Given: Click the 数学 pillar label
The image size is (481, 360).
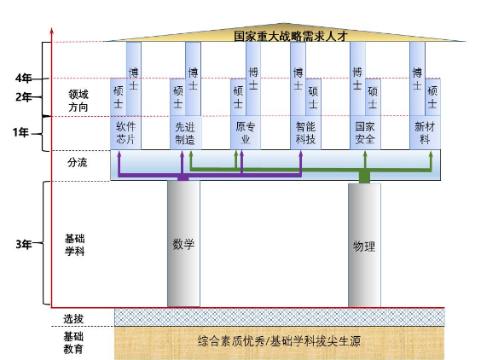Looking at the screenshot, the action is pyautogui.click(x=183, y=244).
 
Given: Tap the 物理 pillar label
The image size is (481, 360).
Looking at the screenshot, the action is pyautogui.click(x=364, y=247).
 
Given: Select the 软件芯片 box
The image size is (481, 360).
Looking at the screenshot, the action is pyautogui.click(x=125, y=133).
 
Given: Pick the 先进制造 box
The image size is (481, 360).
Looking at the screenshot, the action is pyautogui.click(x=185, y=133).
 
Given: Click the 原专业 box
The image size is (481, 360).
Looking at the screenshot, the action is pyautogui.click(x=246, y=133).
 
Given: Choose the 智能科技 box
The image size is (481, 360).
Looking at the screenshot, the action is pyautogui.click(x=305, y=133).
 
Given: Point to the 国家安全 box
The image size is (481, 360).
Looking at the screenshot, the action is pyautogui.click(x=365, y=133).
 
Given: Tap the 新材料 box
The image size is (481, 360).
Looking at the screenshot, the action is pyautogui.click(x=425, y=133).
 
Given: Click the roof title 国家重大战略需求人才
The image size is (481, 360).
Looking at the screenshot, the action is pyautogui.click(x=291, y=36).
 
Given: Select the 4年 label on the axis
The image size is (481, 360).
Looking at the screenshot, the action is pyautogui.click(x=23, y=78).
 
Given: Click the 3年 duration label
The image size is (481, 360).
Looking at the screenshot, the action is pyautogui.click(x=24, y=244).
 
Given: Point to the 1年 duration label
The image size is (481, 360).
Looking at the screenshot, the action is pyautogui.click(x=20, y=132).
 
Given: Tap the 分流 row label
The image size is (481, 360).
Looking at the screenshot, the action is pyautogui.click(x=78, y=162).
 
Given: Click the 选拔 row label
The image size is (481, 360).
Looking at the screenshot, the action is pyautogui.click(x=73, y=319).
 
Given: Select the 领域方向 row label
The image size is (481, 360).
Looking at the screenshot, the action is pyautogui.click(x=78, y=101).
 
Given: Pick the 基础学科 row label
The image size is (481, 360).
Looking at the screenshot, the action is pyautogui.click(x=74, y=245).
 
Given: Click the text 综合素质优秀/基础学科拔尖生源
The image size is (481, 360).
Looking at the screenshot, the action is pyautogui.click(x=279, y=341).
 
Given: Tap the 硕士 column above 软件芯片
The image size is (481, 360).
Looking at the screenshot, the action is pyautogui.click(x=119, y=97).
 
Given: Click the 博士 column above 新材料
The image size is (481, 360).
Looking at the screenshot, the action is pyautogui.click(x=417, y=78).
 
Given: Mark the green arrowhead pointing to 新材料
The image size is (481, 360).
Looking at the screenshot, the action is pyautogui.click(x=431, y=154).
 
